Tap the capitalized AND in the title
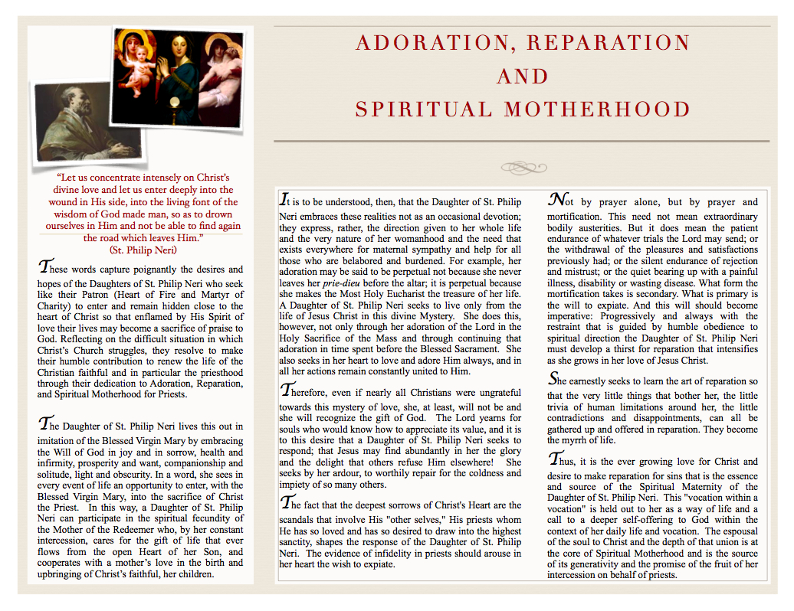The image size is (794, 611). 523,77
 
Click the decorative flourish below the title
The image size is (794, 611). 523,166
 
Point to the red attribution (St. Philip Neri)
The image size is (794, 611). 143,250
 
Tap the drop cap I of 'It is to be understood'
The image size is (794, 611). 284,201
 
